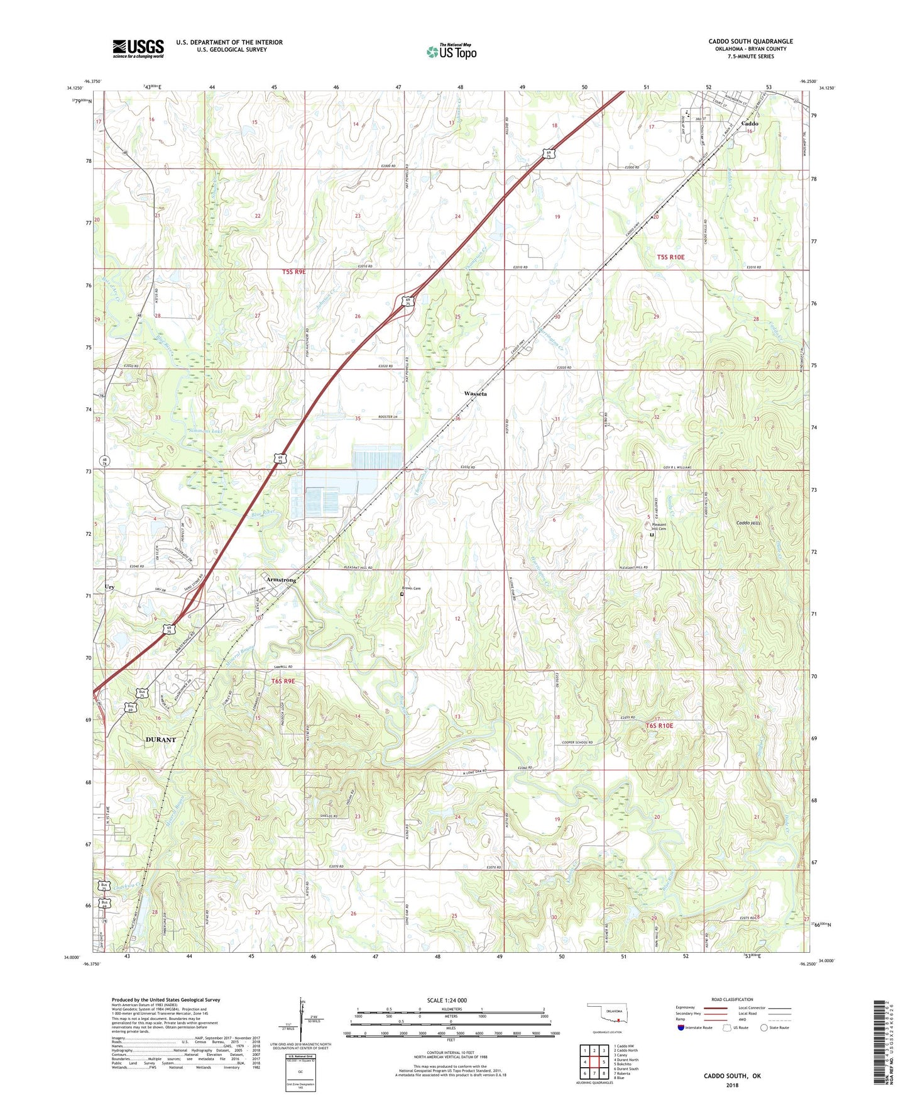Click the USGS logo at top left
(x=138, y=48)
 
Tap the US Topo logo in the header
(x=452, y=52)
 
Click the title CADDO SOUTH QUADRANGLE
(x=750, y=42)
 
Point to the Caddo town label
(x=750, y=124)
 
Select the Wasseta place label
(x=476, y=393)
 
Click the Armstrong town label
(x=281, y=580)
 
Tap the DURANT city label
(x=161, y=740)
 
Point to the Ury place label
(x=110, y=587)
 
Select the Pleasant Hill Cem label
(x=659, y=526)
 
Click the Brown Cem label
(x=412, y=589)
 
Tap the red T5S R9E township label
(x=293, y=272)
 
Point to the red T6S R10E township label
(x=659, y=726)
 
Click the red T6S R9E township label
(x=283, y=681)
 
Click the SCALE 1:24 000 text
(x=447, y=1001)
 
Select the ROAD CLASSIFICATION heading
(x=732, y=999)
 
